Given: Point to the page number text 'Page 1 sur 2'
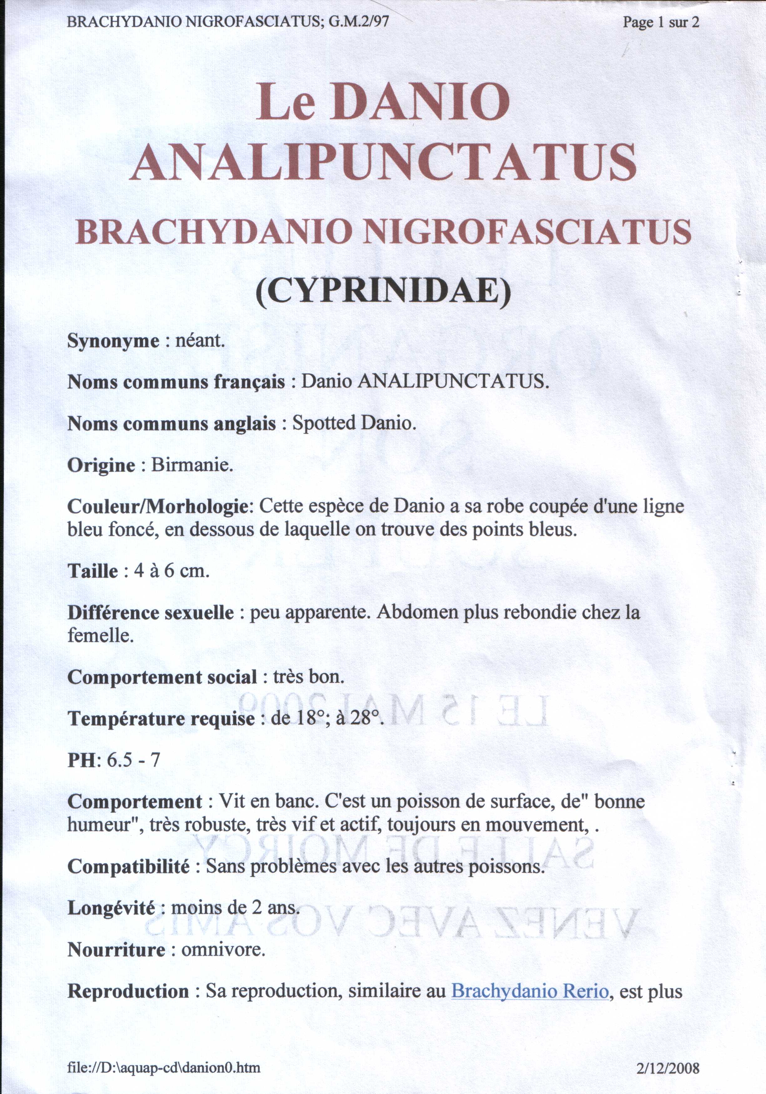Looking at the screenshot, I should [x=661, y=23].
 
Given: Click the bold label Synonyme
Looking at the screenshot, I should [x=114, y=341].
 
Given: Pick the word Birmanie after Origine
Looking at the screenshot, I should [x=192, y=465].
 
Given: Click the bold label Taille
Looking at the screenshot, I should [x=93, y=571].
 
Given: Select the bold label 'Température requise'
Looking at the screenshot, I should [x=161, y=718].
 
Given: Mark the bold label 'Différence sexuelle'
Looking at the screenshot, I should [x=151, y=613].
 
